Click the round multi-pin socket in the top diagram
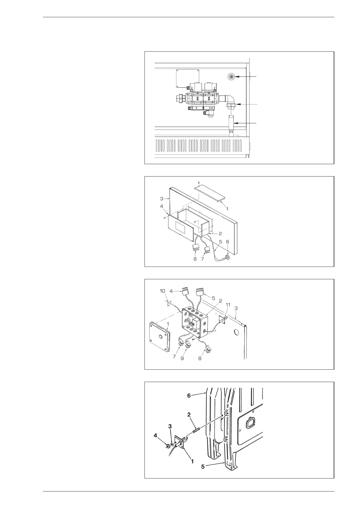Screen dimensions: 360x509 [232, 77]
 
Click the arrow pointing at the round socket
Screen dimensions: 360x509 [246, 77]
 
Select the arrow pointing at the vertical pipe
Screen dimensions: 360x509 [246, 123]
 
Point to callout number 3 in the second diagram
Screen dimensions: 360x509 [161, 199]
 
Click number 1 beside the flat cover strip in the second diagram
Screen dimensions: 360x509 [227, 209]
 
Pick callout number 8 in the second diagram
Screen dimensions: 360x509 [195, 259]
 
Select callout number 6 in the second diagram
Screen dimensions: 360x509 [228, 242]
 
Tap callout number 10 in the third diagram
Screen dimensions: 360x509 [163, 291]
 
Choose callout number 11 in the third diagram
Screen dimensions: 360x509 [228, 305]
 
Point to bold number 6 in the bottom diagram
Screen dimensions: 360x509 [189, 396]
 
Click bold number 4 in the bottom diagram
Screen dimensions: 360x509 [155, 436]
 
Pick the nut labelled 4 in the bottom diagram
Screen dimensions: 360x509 [167, 446]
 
